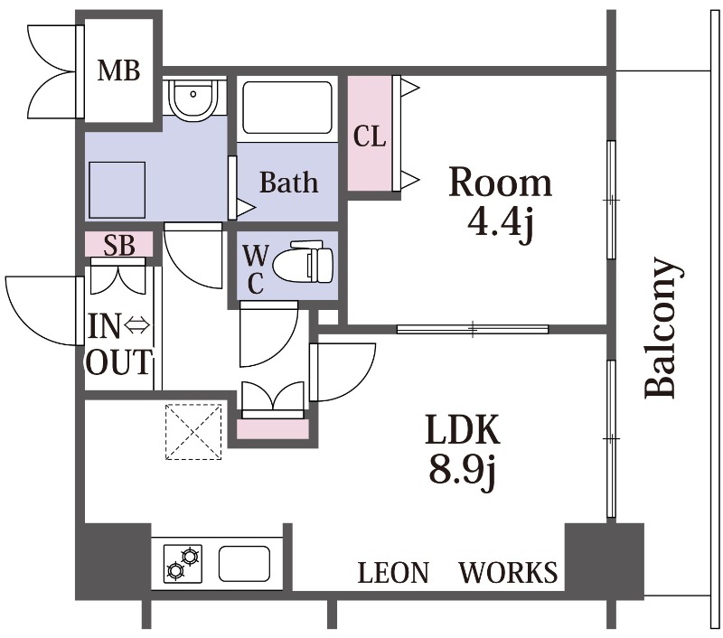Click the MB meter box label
(x=118, y=71)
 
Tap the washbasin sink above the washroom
(x=192, y=99)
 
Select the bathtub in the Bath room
(x=287, y=108)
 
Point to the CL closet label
(x=370, y=136)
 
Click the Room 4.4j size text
(x=501, y=222)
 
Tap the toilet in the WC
(x=303, y=262)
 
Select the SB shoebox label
(x=119, y=245)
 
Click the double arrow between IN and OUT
(x=138, y=326)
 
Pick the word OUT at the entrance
(x=119, y=361)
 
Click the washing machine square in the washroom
(x=117, y=190)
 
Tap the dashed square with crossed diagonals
(x=193, y=431)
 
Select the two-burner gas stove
(x=183, y=564)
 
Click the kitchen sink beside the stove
(x=244, y=564)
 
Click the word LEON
(x=393, y=572)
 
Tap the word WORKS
(x=508, y=572)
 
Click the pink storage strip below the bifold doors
(x=273, y=429)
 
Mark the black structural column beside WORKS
(x=604, y=560)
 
